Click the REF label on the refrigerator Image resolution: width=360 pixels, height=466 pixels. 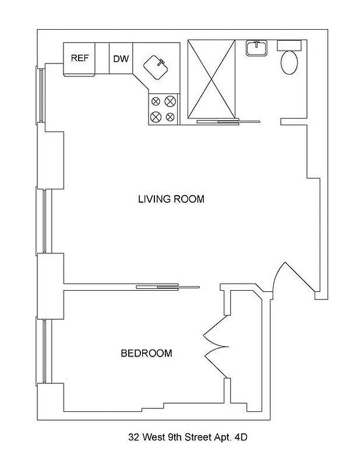pos(79,58)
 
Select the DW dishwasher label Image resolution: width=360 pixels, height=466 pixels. pos(121,59)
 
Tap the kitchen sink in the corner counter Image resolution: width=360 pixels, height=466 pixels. pos(156,67)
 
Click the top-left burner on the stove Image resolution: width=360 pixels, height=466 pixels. pos(156,101)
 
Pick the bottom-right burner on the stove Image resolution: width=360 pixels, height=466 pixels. pos(170,116)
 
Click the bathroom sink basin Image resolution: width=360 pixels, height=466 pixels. pos(256,48)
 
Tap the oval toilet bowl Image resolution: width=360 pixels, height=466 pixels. pos(289,63)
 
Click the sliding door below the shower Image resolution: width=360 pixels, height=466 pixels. pos(227,122)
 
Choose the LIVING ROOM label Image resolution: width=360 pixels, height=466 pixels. pos(171,199)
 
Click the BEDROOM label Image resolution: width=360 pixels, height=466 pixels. pos(146,353)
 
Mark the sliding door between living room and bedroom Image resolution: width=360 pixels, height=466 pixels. pos(168,287)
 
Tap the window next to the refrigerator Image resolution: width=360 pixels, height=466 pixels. pos(41,95)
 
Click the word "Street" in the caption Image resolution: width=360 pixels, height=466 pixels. pos(199,436)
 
